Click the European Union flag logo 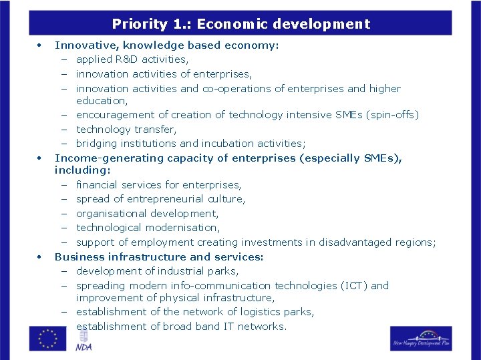tap(47, 338)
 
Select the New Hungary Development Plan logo tap(421, 338)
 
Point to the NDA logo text tap(84, 347)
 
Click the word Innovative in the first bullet tap(82, 45)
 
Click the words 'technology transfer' tap(126, 129)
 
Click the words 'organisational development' tap(147, 214)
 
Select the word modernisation tap(180, 228)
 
